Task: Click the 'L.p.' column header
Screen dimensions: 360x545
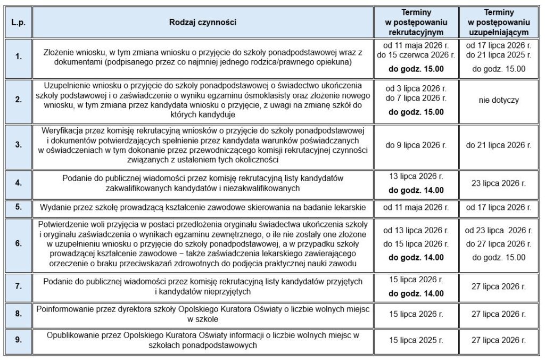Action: point(19,22)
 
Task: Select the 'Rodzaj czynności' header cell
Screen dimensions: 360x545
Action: point(203,22)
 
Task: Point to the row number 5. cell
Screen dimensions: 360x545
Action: point(19,208)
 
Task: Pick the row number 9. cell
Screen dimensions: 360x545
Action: point(19,340)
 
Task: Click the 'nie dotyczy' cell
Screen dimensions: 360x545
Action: point(499,100)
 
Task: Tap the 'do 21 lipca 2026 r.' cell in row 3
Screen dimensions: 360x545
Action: point(499,145)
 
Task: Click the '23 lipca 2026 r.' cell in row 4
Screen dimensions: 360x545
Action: point(499,183)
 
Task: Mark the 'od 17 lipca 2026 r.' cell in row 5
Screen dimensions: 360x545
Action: point(499,208)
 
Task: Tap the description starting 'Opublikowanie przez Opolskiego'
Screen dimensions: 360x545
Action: point(203,340)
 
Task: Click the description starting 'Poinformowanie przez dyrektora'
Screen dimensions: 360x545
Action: point(203,314)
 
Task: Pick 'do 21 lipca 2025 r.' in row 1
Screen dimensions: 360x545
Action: point(499,55)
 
